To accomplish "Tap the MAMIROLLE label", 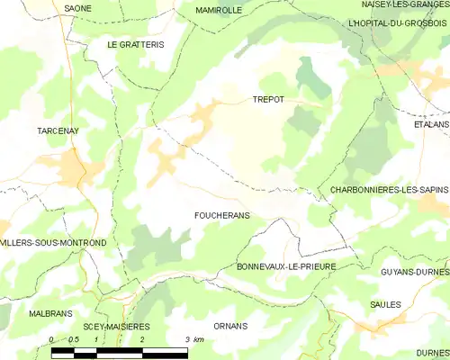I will tap(219, 10).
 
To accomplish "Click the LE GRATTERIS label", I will tap(136, 44).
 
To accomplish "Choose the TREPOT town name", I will tap(268, 100).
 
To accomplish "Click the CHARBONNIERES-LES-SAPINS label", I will tap(390, 190).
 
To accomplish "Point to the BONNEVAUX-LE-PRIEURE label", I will tap(285, 267).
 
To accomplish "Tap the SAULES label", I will tap(385, 305).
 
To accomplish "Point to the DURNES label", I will tap(433, 354).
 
